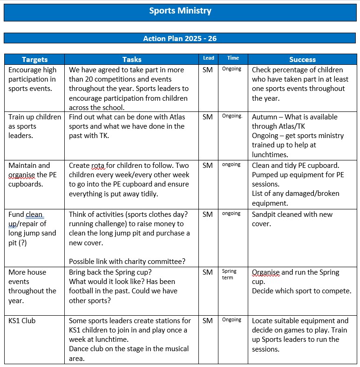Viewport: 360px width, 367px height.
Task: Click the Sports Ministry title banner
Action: pyautogui.click(x=180, y=11)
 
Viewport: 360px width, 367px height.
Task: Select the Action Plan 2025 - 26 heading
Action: pyautogui.click(x=180, y=38)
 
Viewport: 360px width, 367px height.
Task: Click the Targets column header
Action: pyautogui.click(x=34, y=60)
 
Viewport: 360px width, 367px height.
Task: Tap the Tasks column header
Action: pyautogui.click(x=132, y=60)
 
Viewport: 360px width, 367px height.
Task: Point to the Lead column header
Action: pyautogui.click(x=209, y=58)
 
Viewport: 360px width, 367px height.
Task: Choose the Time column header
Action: pyautogui.click(x=233, y=58)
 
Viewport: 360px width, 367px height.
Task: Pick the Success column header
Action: pyautogui.click(x=302, y=60)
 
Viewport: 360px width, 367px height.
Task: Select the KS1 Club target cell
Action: pyautogui.click(x=22, y=321)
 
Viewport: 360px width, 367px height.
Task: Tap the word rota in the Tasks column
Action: pyautogui.click(x=99, y=166)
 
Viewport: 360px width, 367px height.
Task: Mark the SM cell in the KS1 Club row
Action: pyautogui.click(x=208, y=321)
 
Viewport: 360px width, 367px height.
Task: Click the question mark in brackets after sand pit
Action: pyautogui.click(x=22, y=242)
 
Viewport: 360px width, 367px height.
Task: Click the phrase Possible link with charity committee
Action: pyautogui.click(x=127, y=262)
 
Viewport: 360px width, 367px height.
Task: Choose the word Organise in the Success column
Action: pyautogui.click(x=266, y=272)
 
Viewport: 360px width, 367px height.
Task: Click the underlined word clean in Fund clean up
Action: pyautogui.click(x=34, y=215)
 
